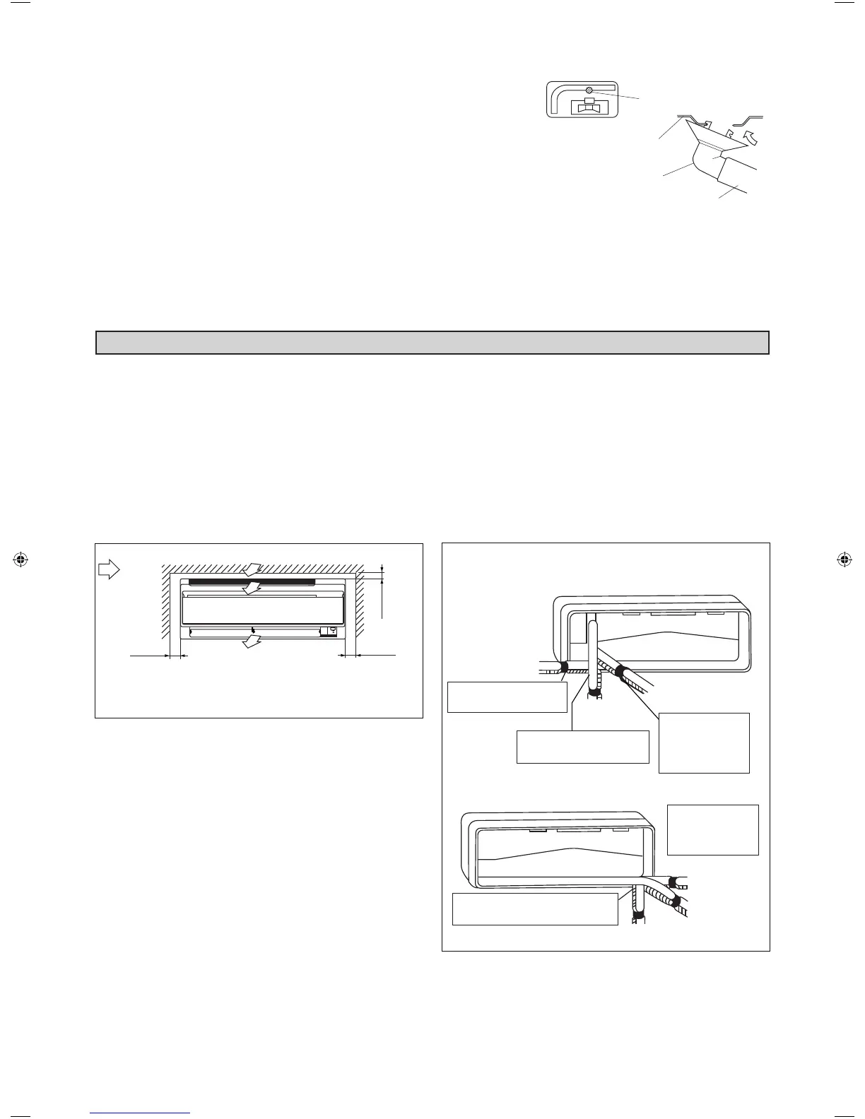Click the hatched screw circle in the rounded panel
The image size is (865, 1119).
tap(588, 90)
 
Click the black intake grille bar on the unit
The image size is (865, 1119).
tap(252, 581)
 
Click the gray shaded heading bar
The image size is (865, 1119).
tap(432, 343)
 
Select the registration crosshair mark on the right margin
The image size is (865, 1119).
tap(842, 559)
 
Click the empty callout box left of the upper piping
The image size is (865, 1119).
tap(507, 697)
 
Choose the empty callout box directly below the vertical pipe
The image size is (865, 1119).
tap(582, 747)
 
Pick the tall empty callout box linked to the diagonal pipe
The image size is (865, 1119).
tap(703, 742)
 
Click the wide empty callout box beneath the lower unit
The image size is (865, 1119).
tap(535, 908)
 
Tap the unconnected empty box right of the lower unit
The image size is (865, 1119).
tap(712, 830)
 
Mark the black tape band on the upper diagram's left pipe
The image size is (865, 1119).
tap(563, 667)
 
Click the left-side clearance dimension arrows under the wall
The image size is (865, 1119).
tap(175, 656)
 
